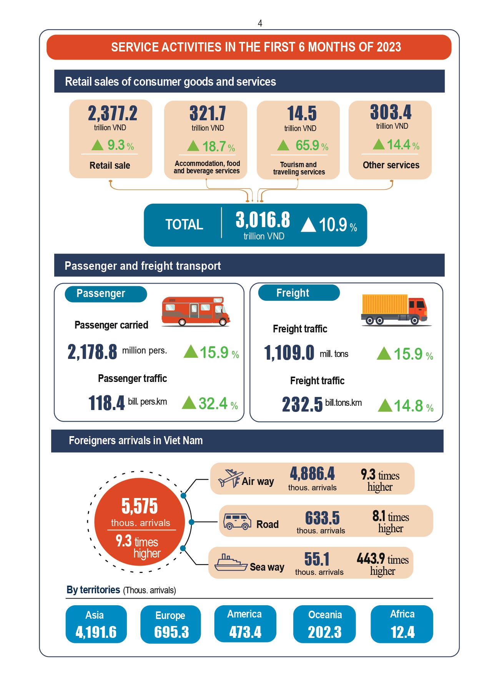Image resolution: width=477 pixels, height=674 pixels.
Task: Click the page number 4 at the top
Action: [260, 23]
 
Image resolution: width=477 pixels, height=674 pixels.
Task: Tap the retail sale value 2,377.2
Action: [113, 113]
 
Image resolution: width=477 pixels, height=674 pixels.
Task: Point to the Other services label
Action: [391, 165]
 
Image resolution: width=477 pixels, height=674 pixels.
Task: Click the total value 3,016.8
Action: [263, 220]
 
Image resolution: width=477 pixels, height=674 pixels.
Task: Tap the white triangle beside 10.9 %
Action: [308, 225]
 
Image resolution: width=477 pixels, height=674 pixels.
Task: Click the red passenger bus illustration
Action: [195, 311]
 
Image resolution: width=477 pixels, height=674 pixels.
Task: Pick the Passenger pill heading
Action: [101, 294]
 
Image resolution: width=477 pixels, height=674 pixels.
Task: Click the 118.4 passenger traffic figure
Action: [107, 403]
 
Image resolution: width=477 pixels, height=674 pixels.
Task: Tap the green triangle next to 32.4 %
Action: [189, 403]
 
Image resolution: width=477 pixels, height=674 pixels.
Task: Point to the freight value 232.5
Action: [302, 404]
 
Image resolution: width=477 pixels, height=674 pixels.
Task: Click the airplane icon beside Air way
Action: [230, 478]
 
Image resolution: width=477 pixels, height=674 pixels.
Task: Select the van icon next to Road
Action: [237, 521]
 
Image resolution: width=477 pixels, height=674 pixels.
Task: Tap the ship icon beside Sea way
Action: [230, 563]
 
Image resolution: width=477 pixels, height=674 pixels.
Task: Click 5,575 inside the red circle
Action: [140, 506]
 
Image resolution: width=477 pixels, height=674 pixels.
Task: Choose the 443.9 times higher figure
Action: [382, 564]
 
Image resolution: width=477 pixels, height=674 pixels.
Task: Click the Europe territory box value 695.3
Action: [171, 632]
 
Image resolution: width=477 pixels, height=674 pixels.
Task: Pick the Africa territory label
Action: [402, 614]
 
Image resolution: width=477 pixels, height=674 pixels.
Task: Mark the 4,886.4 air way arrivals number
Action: [312, 474]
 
